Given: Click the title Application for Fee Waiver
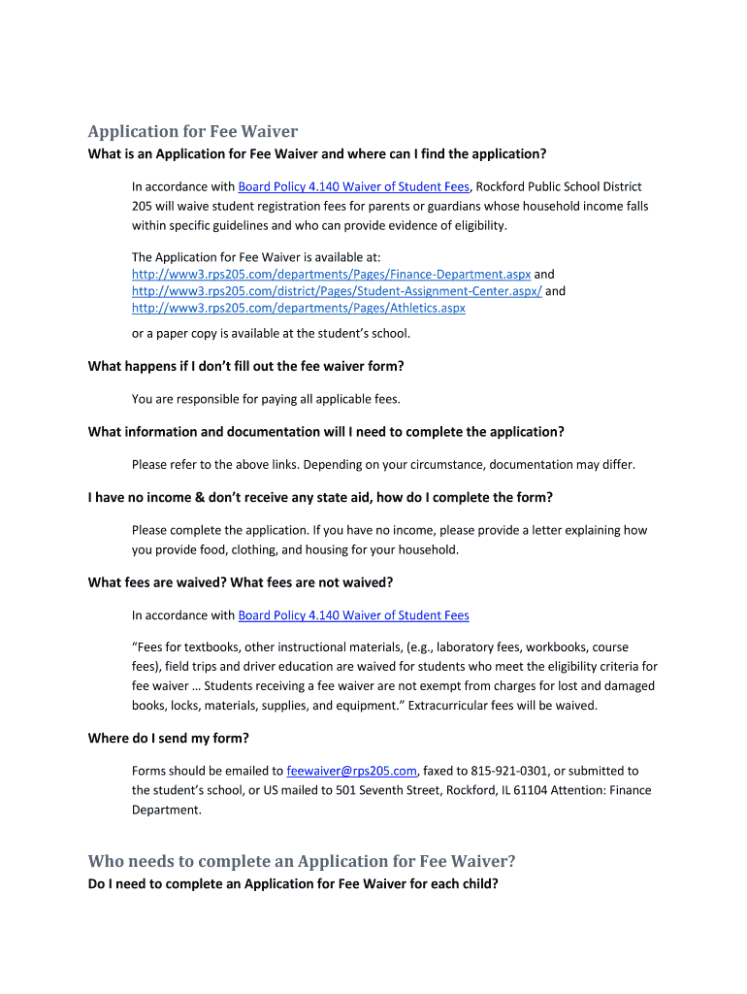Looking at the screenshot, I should (192, 131).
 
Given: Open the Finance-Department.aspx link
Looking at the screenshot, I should (331, 275).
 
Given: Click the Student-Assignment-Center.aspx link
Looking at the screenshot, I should (337, 291).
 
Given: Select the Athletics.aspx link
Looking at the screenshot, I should (298, 308).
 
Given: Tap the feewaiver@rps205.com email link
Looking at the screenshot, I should (352, 771).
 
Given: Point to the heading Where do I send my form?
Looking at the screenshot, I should (176, 739).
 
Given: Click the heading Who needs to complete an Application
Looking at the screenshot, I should (302, 861).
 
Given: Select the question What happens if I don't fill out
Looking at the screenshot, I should (245, 366).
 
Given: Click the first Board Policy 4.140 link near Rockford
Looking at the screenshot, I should (353, 186).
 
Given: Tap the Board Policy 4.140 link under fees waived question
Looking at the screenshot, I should (353, 615).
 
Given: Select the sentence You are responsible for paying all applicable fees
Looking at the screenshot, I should (266, 399).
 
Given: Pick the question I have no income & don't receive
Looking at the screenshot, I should (320, 498).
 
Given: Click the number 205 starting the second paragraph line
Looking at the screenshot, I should (143, 206).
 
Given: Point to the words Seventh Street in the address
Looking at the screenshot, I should (397, 790).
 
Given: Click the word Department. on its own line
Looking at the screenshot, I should (167, 810).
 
